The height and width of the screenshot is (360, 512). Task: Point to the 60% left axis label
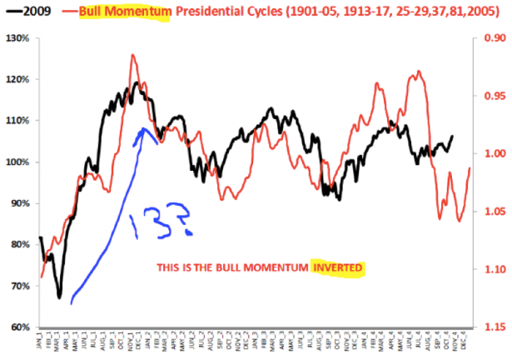18,327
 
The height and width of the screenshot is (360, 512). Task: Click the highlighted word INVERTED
338,268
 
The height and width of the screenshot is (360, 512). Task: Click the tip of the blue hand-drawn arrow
144,128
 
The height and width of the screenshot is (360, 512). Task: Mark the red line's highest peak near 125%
132,55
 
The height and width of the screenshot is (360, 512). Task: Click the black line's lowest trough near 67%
59,297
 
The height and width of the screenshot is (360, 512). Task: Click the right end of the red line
470,168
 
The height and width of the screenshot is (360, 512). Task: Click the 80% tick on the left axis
18,244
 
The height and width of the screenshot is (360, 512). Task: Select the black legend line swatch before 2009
12,12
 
